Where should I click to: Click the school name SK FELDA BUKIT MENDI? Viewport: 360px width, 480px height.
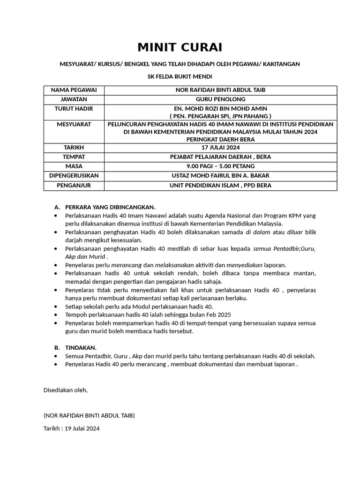[x=180, y=77]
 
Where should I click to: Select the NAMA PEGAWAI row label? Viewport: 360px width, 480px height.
[x=74, y=90]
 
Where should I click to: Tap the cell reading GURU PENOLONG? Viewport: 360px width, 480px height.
[x=220, y=99]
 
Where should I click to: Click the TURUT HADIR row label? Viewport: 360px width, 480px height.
[x=74, y=109]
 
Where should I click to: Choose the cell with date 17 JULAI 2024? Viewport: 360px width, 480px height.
[x=220, y=148]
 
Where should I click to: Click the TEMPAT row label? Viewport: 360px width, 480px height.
[x=74, y=157]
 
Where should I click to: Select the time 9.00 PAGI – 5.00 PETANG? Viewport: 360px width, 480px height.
[x=220, y=166]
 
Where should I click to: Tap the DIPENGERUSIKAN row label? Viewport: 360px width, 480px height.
[x=74, y=176]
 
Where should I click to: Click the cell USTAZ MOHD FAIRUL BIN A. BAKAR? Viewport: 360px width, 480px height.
[x=220, y=176]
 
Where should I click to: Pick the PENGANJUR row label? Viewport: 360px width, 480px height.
[x=74, y=186]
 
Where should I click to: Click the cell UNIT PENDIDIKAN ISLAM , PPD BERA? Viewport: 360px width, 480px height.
[x=220, y=186]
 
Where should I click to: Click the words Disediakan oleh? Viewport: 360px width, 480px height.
[x=65, y=390]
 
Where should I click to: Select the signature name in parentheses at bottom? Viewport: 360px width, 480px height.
[x=89, y=415]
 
